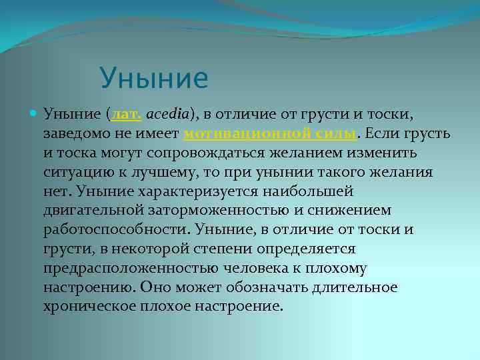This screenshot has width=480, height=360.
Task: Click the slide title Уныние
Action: point(154,79)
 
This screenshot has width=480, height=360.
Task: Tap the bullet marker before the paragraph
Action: point(34,115)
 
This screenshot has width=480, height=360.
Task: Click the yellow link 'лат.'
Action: point(127,115)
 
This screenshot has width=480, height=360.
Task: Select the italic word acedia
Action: point(167,115)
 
